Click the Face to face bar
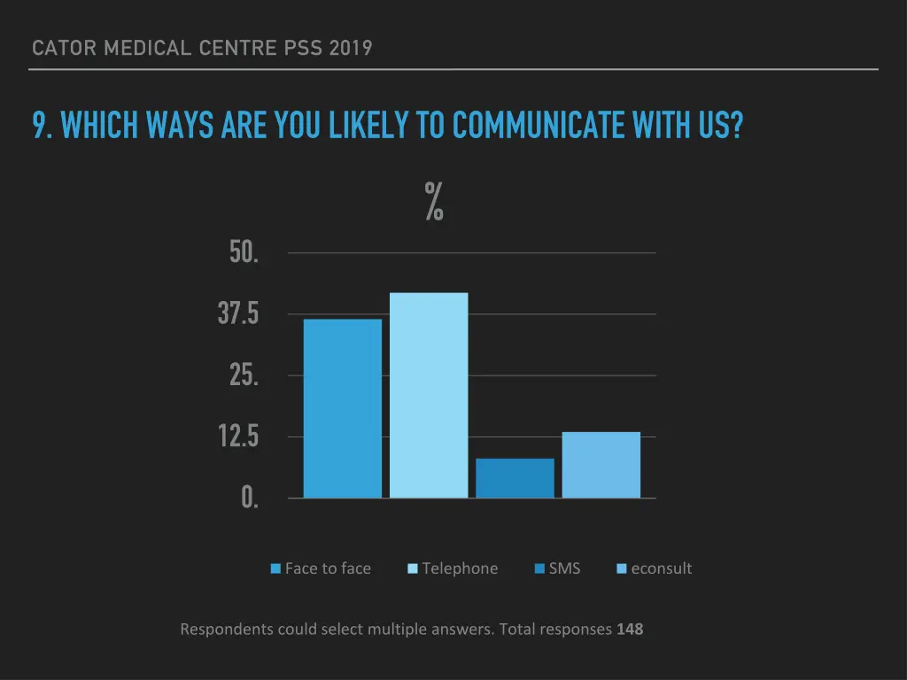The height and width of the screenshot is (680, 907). point(342,408)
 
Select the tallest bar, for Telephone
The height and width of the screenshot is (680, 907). point(429,395)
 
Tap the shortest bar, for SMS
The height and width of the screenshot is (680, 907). point(515,478)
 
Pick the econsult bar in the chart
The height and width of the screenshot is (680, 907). point(601,465)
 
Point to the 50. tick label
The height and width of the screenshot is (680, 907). point(244,252)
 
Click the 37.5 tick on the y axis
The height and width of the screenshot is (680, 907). point(238,313)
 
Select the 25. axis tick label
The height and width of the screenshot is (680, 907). point(244,375)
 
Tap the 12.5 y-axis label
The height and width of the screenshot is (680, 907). point(238,437)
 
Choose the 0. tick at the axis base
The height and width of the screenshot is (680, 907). point(250,498)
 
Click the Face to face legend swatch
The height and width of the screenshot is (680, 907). point(275,568)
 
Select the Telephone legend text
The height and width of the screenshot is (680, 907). point(460,568)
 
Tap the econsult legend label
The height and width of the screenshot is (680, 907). point(661,568)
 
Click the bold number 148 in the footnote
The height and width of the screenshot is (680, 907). point(630,630)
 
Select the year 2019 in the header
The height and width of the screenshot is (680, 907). point(351,48)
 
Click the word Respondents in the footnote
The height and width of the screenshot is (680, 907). point(227,630)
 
